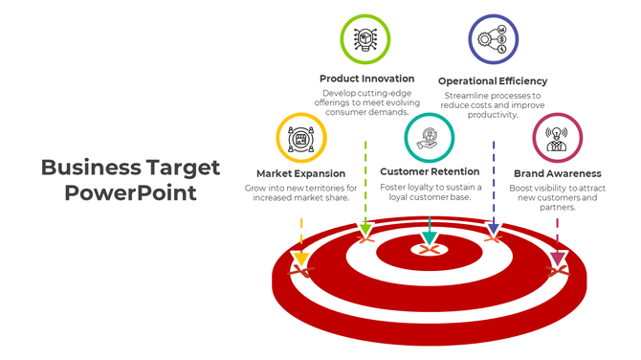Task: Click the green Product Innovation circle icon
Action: coord(365,39)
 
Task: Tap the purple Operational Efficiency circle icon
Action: coord(493,39)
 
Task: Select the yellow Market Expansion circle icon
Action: coord(301,138)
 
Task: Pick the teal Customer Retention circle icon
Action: coord(430,137)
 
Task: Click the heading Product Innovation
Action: coord(367,79)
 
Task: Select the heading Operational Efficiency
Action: coord(493,81)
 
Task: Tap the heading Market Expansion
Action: coord(301,173)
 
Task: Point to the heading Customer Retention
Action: coord(430,172)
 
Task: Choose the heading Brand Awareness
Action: coord(557,173)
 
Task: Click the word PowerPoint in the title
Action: coord(131,192)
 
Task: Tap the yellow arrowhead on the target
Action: coord(300,259)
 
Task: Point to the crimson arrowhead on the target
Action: coord(558,259)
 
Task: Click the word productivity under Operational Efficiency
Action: coord(493,115)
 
